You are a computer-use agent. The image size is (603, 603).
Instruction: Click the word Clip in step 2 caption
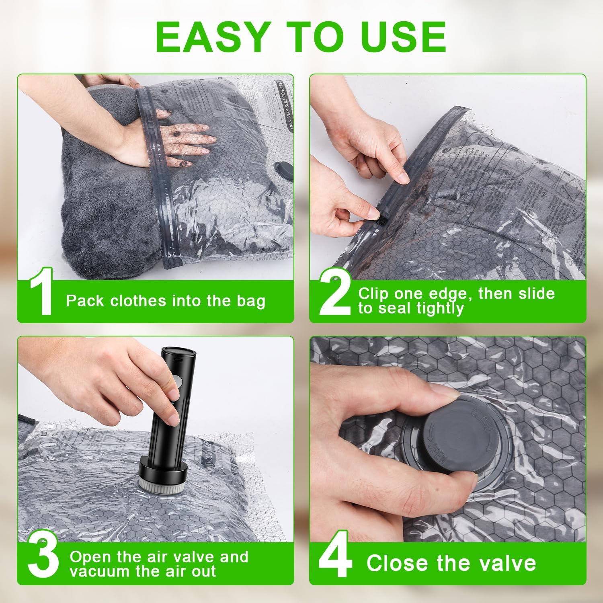(x=373, y=293)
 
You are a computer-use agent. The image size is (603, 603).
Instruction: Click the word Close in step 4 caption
(x=398, y=563)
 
